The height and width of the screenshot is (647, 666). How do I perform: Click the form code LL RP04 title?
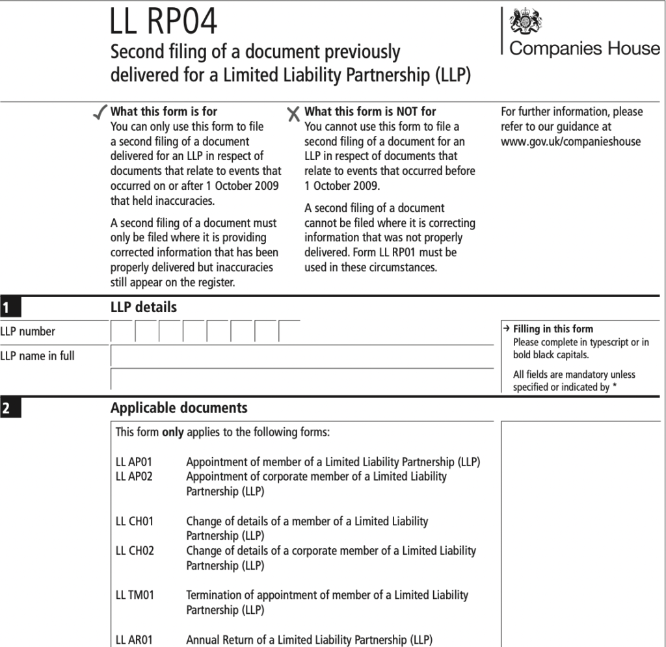(164, 22)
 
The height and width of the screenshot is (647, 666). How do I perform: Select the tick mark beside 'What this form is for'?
(100, 113)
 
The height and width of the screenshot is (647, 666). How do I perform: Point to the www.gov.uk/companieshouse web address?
(570, 142)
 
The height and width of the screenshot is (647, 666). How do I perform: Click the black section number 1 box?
(10, 306)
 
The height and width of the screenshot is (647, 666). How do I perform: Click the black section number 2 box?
(10, 409)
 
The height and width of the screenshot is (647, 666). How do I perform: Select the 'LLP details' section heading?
(143, 307)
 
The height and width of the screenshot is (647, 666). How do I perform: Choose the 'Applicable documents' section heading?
(179, 408)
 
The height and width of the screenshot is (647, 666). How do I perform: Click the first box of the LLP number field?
(122, 332)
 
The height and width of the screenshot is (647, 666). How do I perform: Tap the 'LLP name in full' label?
(37, 356)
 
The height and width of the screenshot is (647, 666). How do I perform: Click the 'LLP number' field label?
(28, 332)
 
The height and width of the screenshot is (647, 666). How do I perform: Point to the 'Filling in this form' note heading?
(553, 329)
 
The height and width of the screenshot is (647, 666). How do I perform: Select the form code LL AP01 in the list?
(133, 462)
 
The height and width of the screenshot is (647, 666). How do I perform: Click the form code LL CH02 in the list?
(135, 551)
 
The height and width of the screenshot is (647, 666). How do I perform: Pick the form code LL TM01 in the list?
(135, 595)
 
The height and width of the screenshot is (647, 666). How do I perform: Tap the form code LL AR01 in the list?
(134, 639)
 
